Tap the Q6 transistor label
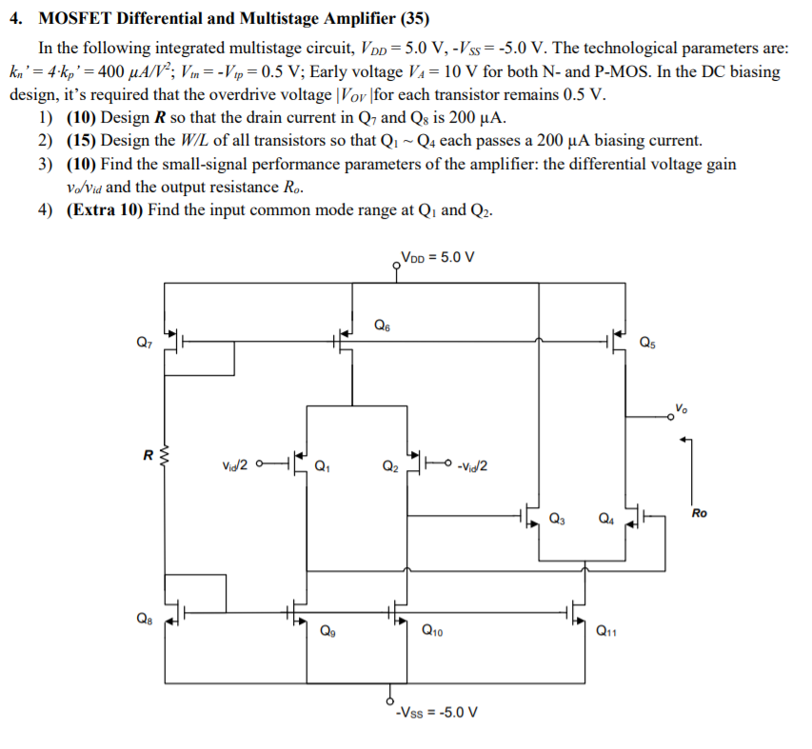pyautogui.click(x=382, y=325)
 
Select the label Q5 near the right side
pyautogui.click(x=647, y=342)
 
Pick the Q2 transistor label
pyautogui.click(x=389, y=466)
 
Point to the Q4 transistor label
pyautogui.click(x=605, y=519)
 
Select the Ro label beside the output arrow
pyautogui.click(x=700, y=513)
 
